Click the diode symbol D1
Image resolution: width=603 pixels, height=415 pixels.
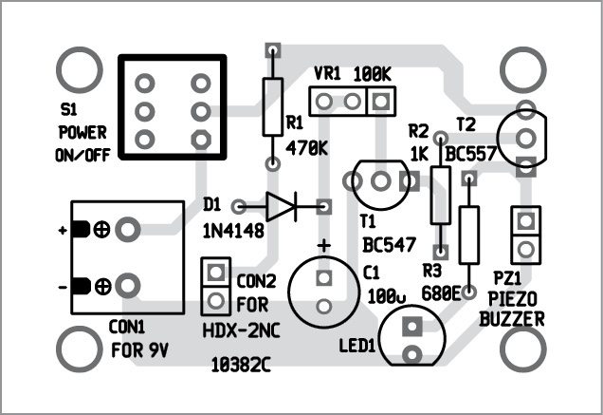283,204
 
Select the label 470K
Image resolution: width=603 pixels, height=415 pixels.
306,147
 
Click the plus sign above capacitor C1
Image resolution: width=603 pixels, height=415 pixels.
324,246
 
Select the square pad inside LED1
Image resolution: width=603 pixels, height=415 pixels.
411,328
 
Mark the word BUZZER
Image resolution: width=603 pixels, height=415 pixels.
512,320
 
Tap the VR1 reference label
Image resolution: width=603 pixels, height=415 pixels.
327,73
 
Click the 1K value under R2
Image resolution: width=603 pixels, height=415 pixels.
420,152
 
